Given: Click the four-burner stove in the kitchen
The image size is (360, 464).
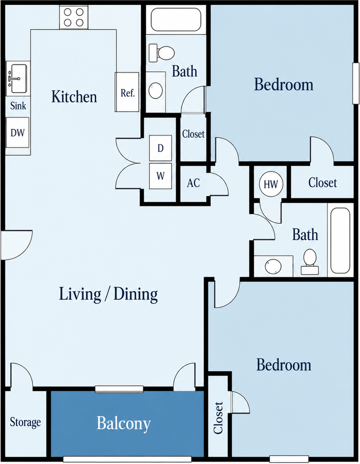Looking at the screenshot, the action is [x=73, y=17].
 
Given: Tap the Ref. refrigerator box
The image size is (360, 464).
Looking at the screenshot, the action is [x=127, y=92].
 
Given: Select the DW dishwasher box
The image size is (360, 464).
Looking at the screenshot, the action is [x=18, y=132].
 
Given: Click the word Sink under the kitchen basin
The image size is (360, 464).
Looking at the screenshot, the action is [x=18, y=106].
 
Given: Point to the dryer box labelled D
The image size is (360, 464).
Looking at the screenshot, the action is [x=160, y=148].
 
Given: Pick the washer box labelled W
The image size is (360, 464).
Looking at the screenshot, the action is [x=160, y=176].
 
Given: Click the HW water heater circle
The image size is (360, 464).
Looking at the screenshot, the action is [x=271, y=184].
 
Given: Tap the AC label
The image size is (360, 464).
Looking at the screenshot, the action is [x=193, y=183].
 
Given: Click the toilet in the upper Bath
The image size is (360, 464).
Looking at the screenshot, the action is [x=161, y=53].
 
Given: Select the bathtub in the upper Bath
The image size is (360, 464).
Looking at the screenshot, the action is [x=176, y=19].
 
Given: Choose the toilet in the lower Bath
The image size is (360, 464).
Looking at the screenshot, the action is [x=310, y=261].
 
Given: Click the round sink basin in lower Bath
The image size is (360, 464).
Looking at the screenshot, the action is [x=273, y=267].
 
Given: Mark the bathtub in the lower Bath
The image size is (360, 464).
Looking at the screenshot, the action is [x=341, y=240].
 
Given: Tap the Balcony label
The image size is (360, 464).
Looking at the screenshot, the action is [x=124, y=424].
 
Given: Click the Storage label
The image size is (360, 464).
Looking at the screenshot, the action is [x=25, y=422].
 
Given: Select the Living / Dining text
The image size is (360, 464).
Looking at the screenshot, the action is [x=108, y=294].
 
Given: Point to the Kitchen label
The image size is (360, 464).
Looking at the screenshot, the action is [x=74, y=97].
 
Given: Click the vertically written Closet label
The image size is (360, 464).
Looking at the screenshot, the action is [x=218, y=418].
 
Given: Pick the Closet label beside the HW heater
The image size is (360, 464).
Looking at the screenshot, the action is [x=322, y=183].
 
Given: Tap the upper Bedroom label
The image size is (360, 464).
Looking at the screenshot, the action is [x=284, y=84].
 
